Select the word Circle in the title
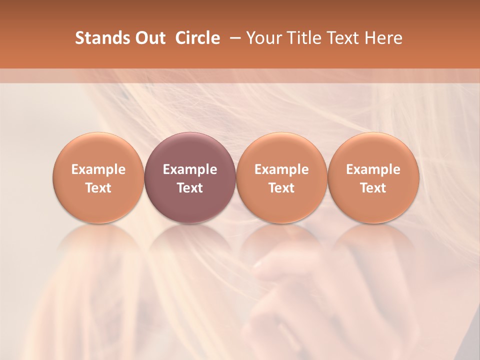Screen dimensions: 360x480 pyautogui.click(x=197, y=38)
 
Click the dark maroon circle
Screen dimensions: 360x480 pyautogui.click(x=190, y=177)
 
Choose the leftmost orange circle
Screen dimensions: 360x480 pyautogui.click(x=98, y=177)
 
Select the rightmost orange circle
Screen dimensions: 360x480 pyautogui.click(x=373, y=177)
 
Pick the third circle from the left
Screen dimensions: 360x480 pyautogui.click(x=281, y=177)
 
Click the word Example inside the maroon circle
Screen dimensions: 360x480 pyautogui.click(x=190, y=169)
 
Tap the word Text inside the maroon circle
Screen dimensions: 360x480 pyautogui.click(x=190, y=188)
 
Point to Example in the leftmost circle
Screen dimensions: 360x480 pyautogui.click(x=98, y=169)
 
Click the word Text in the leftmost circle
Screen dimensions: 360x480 pyautogui.click(x=98, y=188)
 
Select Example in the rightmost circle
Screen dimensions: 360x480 pyautogui.click(x=373, y=169)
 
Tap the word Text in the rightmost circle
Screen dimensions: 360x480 pyautogui.click(x=373, y=188)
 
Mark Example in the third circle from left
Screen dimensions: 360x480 pyautogui.click(x=281, y=169)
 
